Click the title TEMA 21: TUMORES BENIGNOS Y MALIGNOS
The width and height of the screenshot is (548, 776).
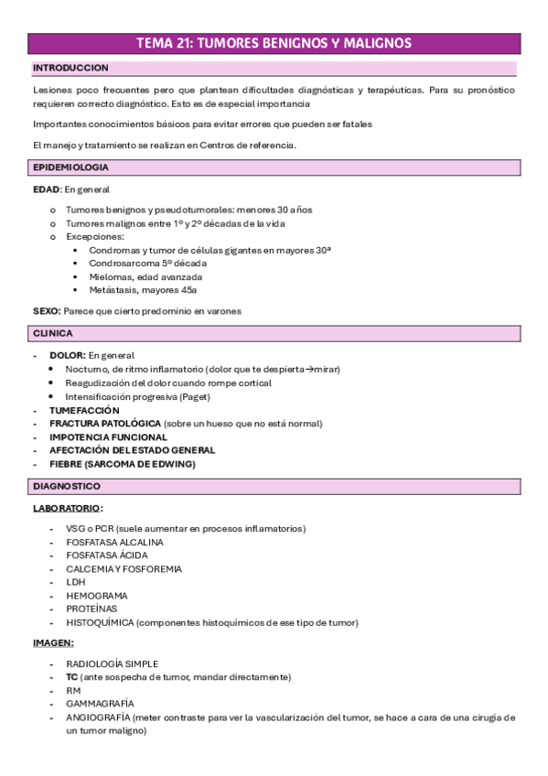click(x=274, y=43)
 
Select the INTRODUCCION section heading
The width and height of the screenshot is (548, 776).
click(x=70, y=68)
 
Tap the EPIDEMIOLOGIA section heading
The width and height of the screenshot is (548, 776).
click(x=70, y=167)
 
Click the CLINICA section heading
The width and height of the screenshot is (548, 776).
click(x=53, y=334)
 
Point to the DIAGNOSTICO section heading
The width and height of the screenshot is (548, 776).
click(x=67, y=486)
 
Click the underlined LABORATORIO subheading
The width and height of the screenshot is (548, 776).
click(x=67, y=508)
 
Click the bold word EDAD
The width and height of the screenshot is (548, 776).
click(x=46, y=189)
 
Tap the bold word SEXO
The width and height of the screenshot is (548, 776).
click(x=47, y=311)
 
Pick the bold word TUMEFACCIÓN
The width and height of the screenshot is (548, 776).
click(x=84, y=411)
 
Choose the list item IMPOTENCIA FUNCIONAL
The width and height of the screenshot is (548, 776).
click(x=108, y=437)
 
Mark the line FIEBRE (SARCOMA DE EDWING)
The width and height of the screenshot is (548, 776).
click(x=122, y=464)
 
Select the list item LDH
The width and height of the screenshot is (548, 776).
click(x=75, y=582)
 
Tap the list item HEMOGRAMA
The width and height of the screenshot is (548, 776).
click(x=91, y=596)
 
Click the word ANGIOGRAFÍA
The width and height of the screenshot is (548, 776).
click(x=98, y=717)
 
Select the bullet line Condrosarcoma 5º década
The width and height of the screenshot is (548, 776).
click(x=147, y=263)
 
